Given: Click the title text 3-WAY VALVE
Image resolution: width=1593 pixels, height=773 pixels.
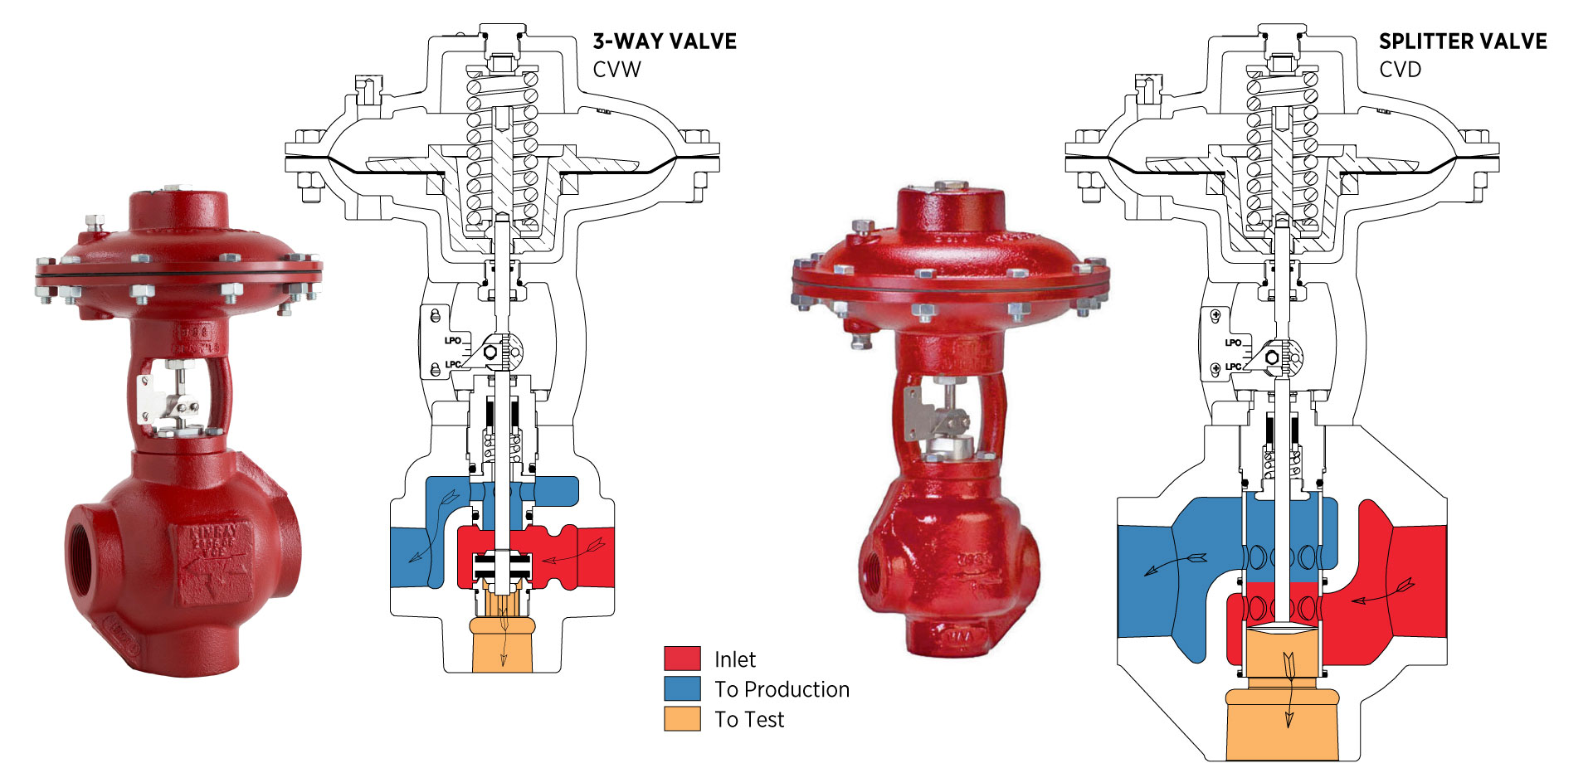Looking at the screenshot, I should pos(664,41).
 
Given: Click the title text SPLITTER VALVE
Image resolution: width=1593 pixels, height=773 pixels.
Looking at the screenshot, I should pos(1462,41).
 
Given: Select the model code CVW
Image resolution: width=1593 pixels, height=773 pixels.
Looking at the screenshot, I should pos(616,70).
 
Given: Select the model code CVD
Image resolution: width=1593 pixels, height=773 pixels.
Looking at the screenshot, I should pos(1400,70).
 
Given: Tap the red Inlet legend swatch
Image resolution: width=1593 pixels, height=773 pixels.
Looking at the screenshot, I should pos(682,659).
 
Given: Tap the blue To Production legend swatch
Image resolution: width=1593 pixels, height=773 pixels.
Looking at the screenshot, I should pos(682,688).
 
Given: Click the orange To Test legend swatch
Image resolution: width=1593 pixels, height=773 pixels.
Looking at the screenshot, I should pos(682,718).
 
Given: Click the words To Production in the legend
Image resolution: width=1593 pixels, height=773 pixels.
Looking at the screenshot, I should pos(782,689).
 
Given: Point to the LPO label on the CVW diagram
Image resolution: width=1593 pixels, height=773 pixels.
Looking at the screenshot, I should pos(452,340).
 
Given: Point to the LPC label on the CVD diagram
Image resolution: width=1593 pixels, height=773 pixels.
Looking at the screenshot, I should pos(1233,366).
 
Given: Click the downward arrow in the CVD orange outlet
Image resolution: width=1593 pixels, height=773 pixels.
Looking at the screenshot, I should pos(1289,688).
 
